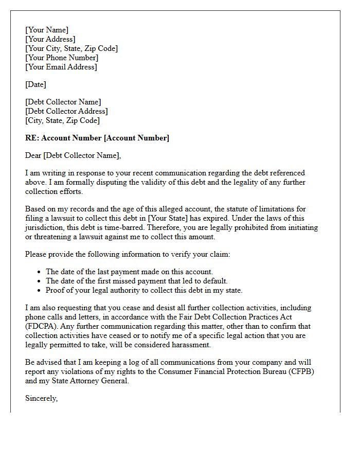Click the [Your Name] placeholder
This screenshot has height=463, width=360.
click(x=47, y=30)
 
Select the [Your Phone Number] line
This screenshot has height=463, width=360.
click(x=62, y=58)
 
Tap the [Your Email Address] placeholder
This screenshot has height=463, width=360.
click(x=61, y=67)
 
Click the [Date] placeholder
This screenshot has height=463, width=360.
click(x=35, y=84)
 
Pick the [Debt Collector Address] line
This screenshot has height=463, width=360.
click(x=66, y=111)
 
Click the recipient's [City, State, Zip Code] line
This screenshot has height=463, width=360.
click(x=62, y=120)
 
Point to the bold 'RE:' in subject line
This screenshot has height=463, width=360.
click(x=32, y=138)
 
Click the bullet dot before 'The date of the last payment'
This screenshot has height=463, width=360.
click(x=40, y=272)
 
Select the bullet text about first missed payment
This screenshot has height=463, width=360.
click(x=137, y=281)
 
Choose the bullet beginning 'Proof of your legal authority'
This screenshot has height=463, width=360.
click(x=144, y=290)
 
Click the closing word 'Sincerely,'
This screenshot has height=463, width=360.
click(x=42, y=398)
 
